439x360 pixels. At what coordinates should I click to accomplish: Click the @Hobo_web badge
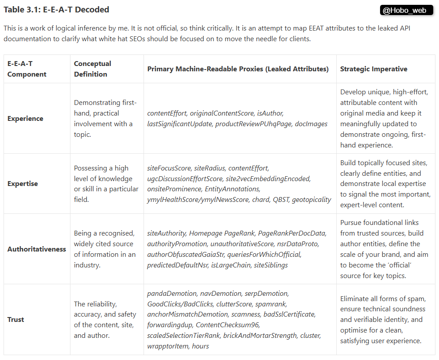tap(406, 10)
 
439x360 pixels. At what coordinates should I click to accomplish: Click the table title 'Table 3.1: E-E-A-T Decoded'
tap(56, 9)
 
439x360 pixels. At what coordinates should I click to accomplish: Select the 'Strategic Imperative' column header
tap(373, 69)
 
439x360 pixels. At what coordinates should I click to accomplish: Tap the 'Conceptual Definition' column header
tap(93, 69)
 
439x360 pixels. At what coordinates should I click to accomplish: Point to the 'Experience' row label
tap(25, 118)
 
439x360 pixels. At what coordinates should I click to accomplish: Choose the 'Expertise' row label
tap(23, 183)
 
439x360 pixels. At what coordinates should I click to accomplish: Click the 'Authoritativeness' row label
tap(37, 249)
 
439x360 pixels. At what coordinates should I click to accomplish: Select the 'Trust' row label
tap(16, 319)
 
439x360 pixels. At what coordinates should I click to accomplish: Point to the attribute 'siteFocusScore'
tap(169, 168)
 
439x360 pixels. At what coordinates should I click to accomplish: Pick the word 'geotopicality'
tap(311, 199)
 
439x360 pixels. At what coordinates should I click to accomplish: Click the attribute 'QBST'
tap(280, 199)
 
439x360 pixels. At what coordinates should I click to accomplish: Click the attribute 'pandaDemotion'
tap(171, 293)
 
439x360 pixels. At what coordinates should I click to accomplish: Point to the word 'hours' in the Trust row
tap(200, 346)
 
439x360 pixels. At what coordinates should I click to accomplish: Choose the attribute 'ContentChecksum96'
tap(225, 325)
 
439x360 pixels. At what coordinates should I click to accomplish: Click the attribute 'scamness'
tap(246, 314)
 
